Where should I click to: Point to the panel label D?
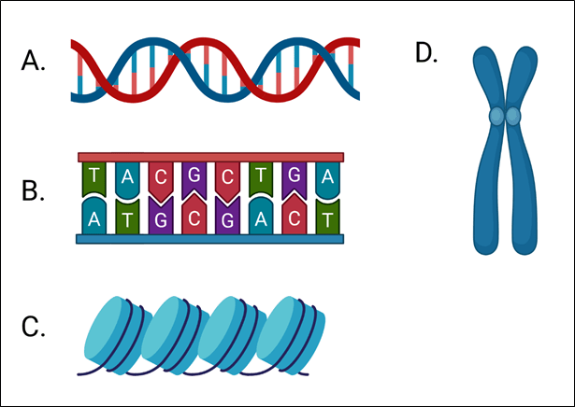[x=426, y=53]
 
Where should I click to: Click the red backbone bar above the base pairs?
[x=210, y=157]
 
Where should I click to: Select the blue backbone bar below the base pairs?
[x=210, y=239]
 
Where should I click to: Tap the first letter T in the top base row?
[x=94, y=175]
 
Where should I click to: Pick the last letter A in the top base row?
[x=326, y=175]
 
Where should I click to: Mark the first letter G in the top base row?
[x=194, y=175]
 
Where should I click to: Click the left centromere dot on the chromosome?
[x=496, y=116]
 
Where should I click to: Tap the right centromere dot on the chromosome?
[x=513, y=116]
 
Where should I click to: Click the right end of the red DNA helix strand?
[x=355, y=44]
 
